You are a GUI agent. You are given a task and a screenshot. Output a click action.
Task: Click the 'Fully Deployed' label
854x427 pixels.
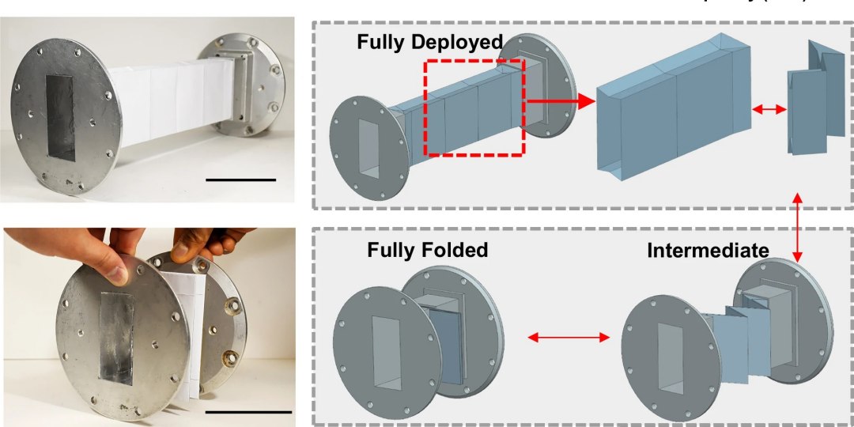[429, 42]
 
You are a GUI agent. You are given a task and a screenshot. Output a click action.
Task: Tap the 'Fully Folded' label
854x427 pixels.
[427, 251]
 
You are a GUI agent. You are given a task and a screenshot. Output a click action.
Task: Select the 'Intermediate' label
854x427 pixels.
[707, 251]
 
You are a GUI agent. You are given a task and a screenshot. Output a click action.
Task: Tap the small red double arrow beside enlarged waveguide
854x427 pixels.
[768, 112]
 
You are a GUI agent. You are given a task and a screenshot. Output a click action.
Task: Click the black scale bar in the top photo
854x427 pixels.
[240, 179]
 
